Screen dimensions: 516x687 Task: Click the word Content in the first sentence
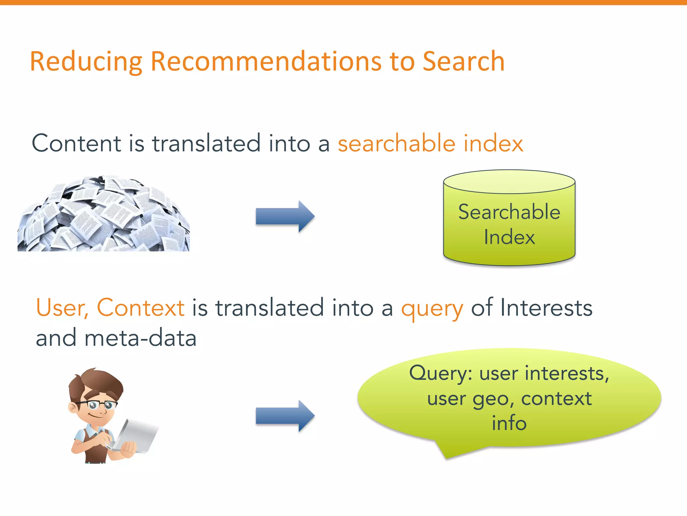point(76,143)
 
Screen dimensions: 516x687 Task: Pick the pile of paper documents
point(104,215)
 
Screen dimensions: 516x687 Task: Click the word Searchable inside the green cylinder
point(509,212)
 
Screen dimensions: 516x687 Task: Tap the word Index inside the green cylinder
point(509,237)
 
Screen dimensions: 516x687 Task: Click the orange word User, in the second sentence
point(62,308)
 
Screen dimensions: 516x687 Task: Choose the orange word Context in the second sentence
point(141,308)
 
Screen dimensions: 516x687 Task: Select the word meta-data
point(140,338)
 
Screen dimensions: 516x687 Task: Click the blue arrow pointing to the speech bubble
point(285,416)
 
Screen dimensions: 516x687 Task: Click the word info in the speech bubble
point(509,423)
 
